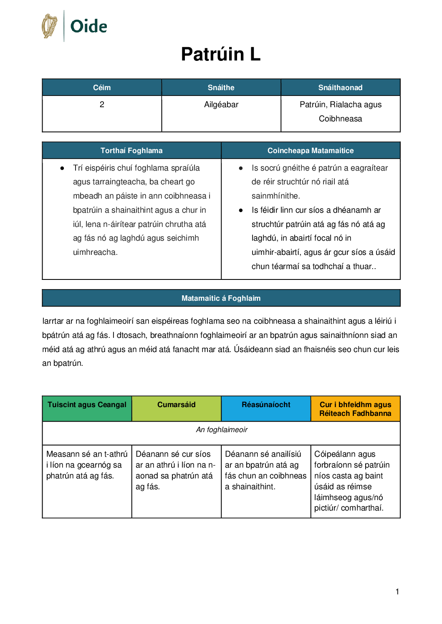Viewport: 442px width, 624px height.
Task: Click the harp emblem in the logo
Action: click(50, 26)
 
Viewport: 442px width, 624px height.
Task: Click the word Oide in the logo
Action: click(89, 26)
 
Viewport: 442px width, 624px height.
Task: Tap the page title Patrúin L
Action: click(221, 54)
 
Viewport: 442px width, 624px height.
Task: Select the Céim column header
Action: click(102, 88)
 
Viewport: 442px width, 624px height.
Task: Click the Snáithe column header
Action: click(221, 88)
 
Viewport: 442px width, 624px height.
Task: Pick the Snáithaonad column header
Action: click(340, 88)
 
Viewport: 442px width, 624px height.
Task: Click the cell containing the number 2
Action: click(102, 105)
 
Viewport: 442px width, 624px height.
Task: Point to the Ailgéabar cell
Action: click(221, 105)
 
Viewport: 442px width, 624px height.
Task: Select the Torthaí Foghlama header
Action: click(131, 151)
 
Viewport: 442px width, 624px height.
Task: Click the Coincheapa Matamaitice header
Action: click(311, 151)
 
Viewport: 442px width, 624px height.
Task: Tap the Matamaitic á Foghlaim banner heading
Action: click(221, 298)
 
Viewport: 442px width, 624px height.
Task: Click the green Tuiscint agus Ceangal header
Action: click(87, 405)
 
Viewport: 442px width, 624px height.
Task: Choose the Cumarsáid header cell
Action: click(176, 405)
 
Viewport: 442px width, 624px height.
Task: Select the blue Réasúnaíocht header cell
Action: click(266, 405)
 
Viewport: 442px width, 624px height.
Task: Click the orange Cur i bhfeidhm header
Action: click(355, 409)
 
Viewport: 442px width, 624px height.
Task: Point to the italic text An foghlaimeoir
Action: click(222, 430)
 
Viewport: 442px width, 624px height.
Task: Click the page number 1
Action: click(397, 591)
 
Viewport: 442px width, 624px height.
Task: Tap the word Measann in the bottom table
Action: click(61, 454)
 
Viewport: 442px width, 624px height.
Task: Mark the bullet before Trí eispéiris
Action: click(62, 169)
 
